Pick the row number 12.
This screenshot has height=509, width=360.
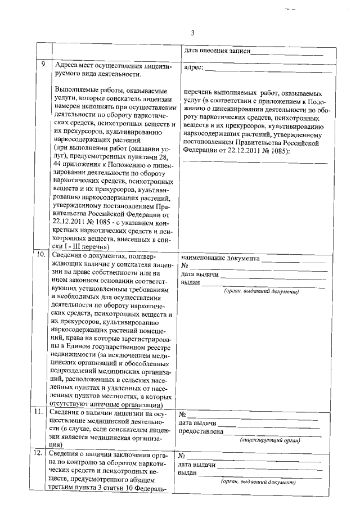click(42, 453)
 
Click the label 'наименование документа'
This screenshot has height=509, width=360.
click(220, 259)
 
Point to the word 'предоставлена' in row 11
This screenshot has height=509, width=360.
click(200, 432)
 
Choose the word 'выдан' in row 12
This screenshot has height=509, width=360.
click(187, 473)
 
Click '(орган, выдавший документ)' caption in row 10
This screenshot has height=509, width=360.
click(260, 291)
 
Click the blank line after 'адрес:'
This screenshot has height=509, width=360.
click(264, 70)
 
